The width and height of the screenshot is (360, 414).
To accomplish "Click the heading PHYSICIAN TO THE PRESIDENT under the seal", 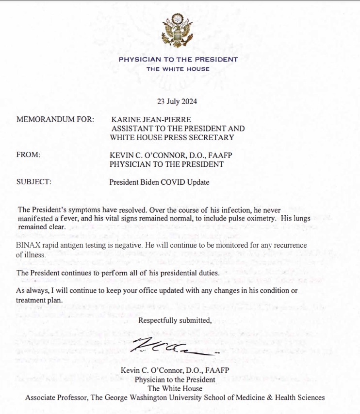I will click(x=179, y=60).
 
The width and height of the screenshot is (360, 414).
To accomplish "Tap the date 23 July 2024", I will click(x=177, y=102).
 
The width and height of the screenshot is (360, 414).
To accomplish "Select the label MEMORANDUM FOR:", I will click(x=55, y=119).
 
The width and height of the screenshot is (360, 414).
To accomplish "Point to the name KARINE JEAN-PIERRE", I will click(x=151, y=119).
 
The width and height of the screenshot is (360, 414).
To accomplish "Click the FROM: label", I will click(x=29, y=155).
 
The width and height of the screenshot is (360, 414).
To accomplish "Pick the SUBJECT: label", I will click(x=34, y=182).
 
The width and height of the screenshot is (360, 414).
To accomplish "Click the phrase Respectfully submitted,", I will click(x=175, y=320).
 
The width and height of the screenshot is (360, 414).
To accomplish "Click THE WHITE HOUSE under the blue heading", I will click(x=179, y=69).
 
